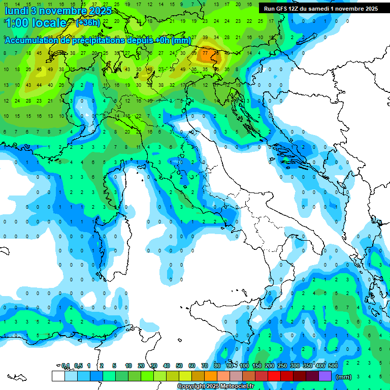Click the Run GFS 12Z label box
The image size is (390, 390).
[x=320, y=9]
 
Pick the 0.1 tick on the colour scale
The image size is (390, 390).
[x=66, y=366]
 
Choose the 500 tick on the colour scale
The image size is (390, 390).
[x=333, y=366]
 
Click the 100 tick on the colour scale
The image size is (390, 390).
[x=244, y=366]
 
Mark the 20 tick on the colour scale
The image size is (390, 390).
[x=141, y=366]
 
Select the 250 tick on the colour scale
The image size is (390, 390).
[x=282, y=366]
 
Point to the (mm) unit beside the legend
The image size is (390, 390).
[x=344, y=377]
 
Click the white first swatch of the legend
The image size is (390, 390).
[x=58, y=376]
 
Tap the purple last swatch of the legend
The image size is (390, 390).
[x=325, y=376]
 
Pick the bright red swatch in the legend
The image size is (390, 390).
[x=274, y=376]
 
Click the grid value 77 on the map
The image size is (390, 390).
[x=205, y=52]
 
